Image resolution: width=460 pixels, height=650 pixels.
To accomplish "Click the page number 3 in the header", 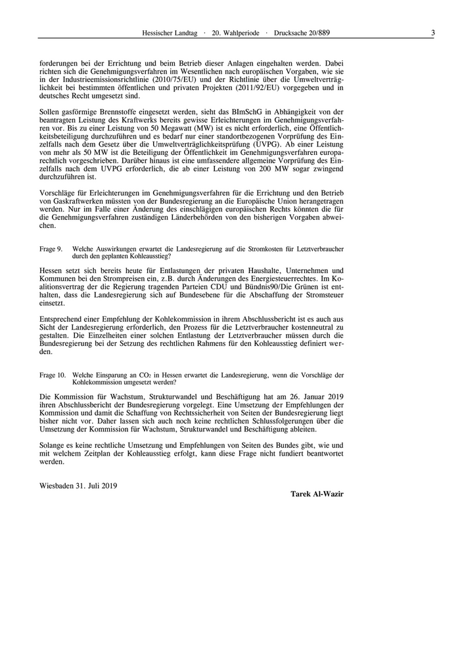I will pyautogui.click(x=433, y=32).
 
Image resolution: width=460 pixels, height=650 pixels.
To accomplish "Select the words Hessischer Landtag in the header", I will pyautogui.click(x=170, y=32).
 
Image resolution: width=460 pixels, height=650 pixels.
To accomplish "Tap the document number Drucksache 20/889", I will pyautogui.click(x=302, y=32).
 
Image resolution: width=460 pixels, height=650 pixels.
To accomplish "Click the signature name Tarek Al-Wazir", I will pyautogui.click(x=317, y=494).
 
